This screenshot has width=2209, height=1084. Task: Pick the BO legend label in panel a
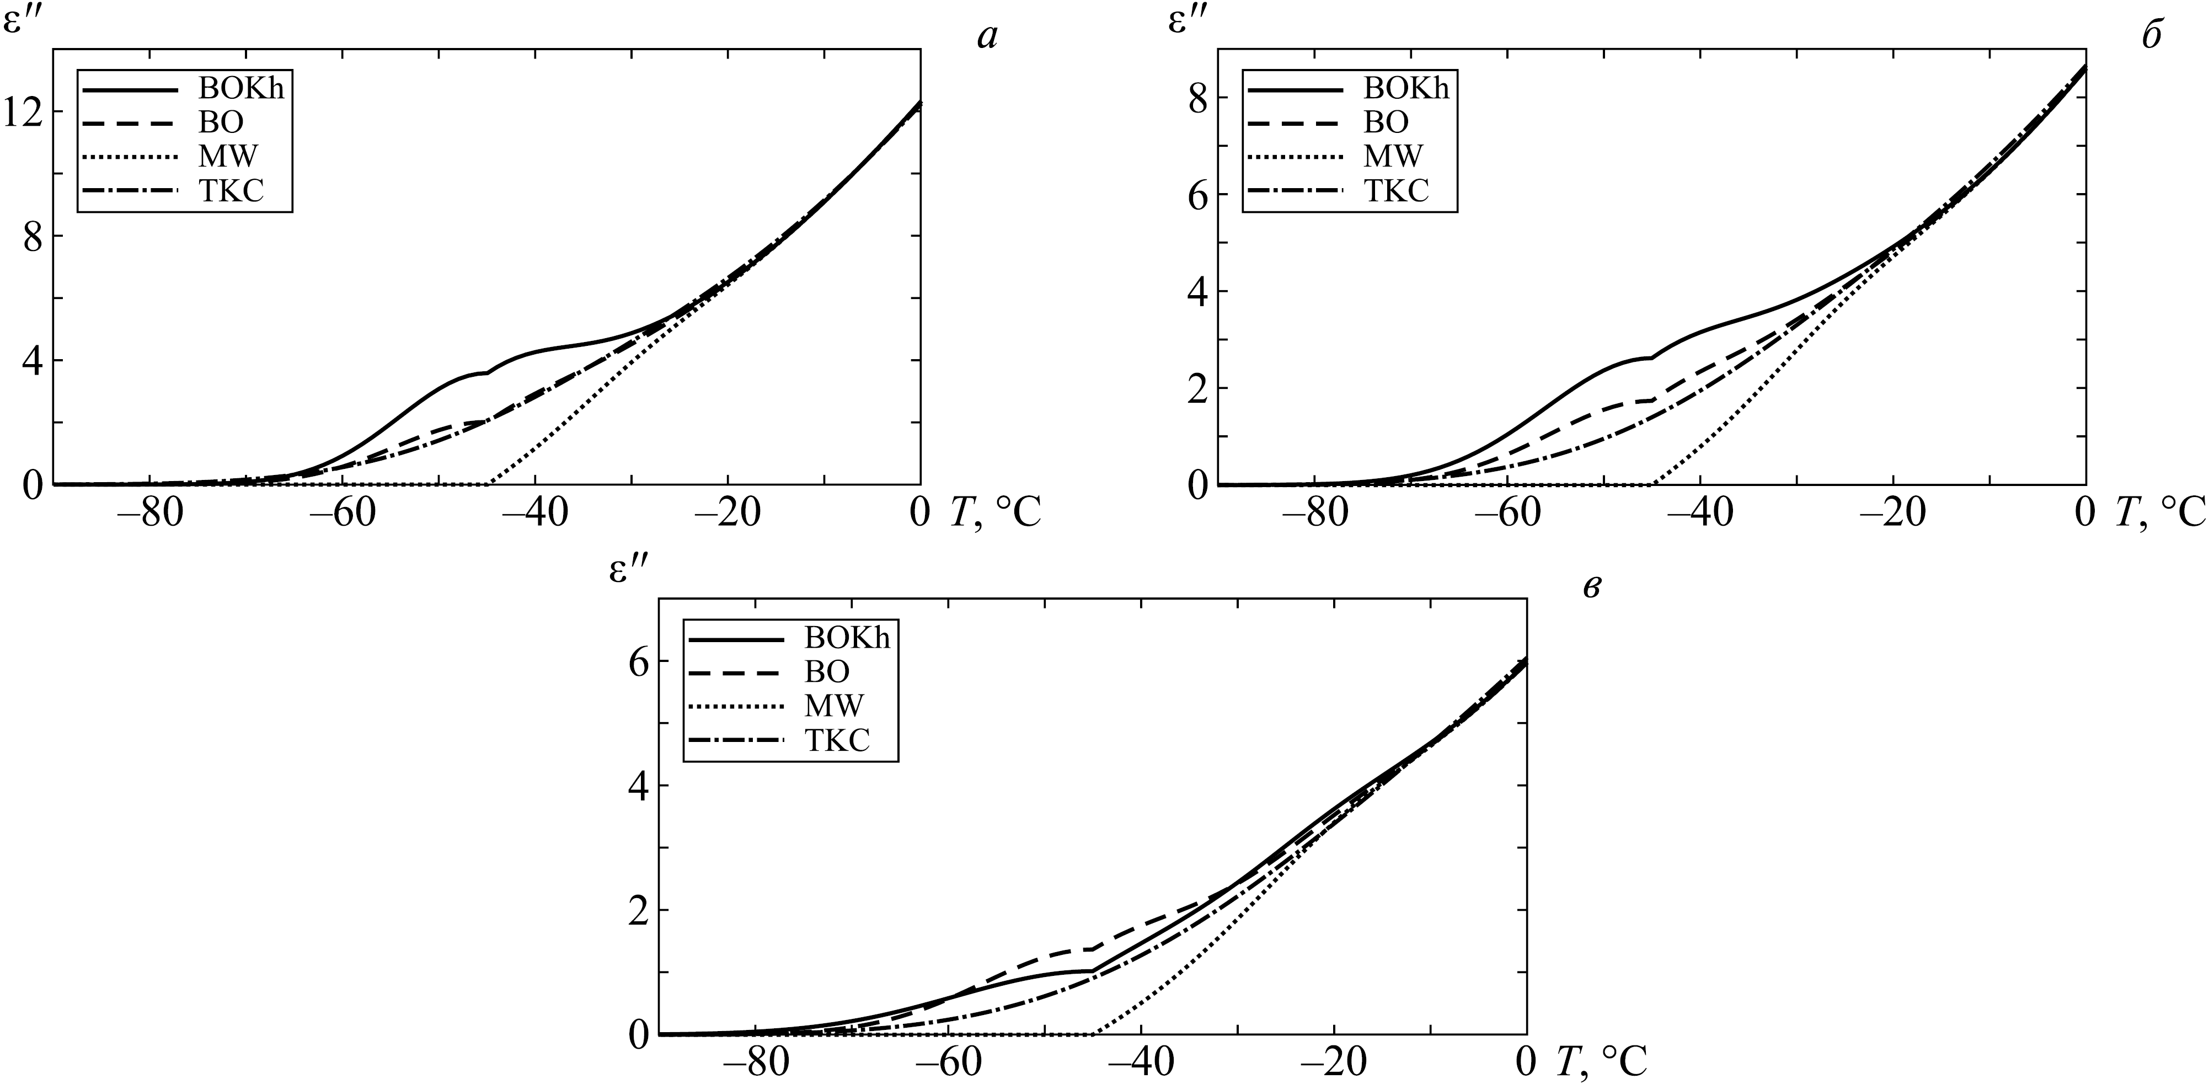pos(221,122)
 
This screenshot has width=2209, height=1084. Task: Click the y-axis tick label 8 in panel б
pos(1197,98)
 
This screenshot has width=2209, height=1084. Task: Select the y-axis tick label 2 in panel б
pos(1197,388)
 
